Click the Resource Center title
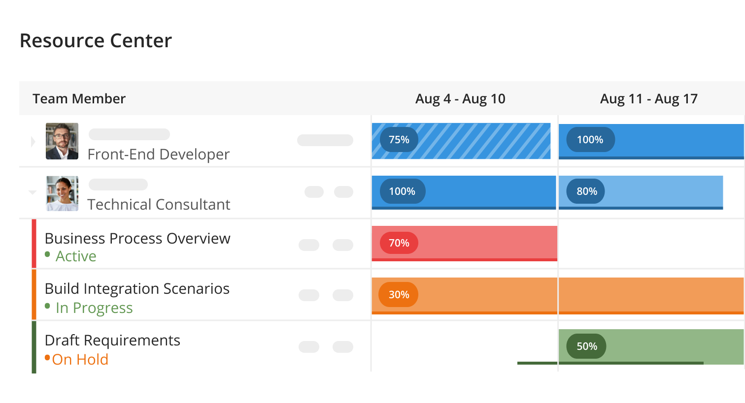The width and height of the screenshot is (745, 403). [x=96, y=41]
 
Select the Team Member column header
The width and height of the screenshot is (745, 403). [x=79, y=99]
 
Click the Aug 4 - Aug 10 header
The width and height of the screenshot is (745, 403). [x=460, y=99]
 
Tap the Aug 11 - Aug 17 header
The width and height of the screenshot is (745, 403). [x=649, y=99]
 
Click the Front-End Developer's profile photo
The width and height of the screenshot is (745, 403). [x=62, y=141]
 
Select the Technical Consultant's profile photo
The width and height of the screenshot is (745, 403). [x=62, y=194]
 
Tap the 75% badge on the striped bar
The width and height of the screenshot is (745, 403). [x=399, y=140]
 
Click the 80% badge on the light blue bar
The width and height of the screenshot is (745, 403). [x=586, y=191]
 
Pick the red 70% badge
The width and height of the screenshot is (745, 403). [x=399, y=243]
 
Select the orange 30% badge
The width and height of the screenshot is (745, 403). [x=398, y=294]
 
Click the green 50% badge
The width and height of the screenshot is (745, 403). [x=586, y=346]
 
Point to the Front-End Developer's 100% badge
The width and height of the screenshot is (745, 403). [x=591, y=140]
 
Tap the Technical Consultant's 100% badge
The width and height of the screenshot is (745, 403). [x=403, y=191]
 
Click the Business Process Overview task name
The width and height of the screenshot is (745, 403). [x=137, y=239]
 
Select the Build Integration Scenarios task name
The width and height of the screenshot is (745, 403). [x=137, y=289]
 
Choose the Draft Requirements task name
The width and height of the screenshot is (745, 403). [x=112, y=341]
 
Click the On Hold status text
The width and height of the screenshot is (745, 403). [x=80, y=360]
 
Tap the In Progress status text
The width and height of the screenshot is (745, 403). [x=94, y=308]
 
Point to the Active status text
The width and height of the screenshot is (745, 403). [x=76, y=256]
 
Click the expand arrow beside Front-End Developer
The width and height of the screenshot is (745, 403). [x=33, y=142]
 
